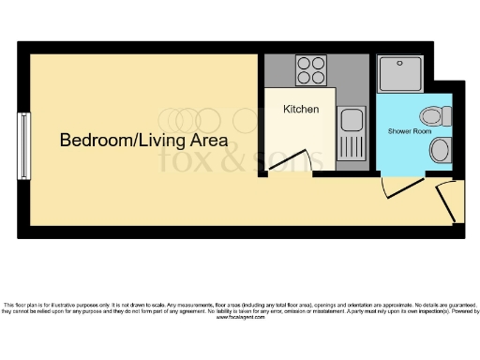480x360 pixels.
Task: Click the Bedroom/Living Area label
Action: tap(143, 141)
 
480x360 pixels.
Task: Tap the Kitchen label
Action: tap(301, 110)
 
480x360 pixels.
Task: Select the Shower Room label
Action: tap(410, 131)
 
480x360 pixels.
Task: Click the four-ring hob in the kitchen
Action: tap(311, 68)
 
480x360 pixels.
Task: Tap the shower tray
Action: tap(400, 72)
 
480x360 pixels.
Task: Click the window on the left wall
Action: tap(23, 144)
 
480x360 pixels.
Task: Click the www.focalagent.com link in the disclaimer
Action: tap(239, 319)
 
